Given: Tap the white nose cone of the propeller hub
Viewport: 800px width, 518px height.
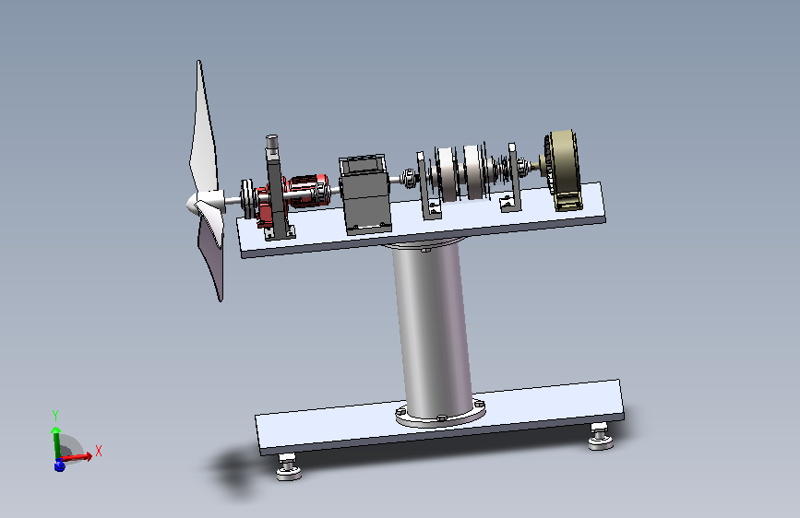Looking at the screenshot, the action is point(197,203).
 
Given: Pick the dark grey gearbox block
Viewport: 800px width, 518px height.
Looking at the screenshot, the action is point(364,194).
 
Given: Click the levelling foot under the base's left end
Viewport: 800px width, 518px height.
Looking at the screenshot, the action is point(289,466).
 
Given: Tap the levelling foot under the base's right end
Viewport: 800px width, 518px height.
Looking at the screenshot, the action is point(601,436).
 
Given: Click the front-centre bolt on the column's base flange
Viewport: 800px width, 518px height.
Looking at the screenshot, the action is point(441,418).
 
